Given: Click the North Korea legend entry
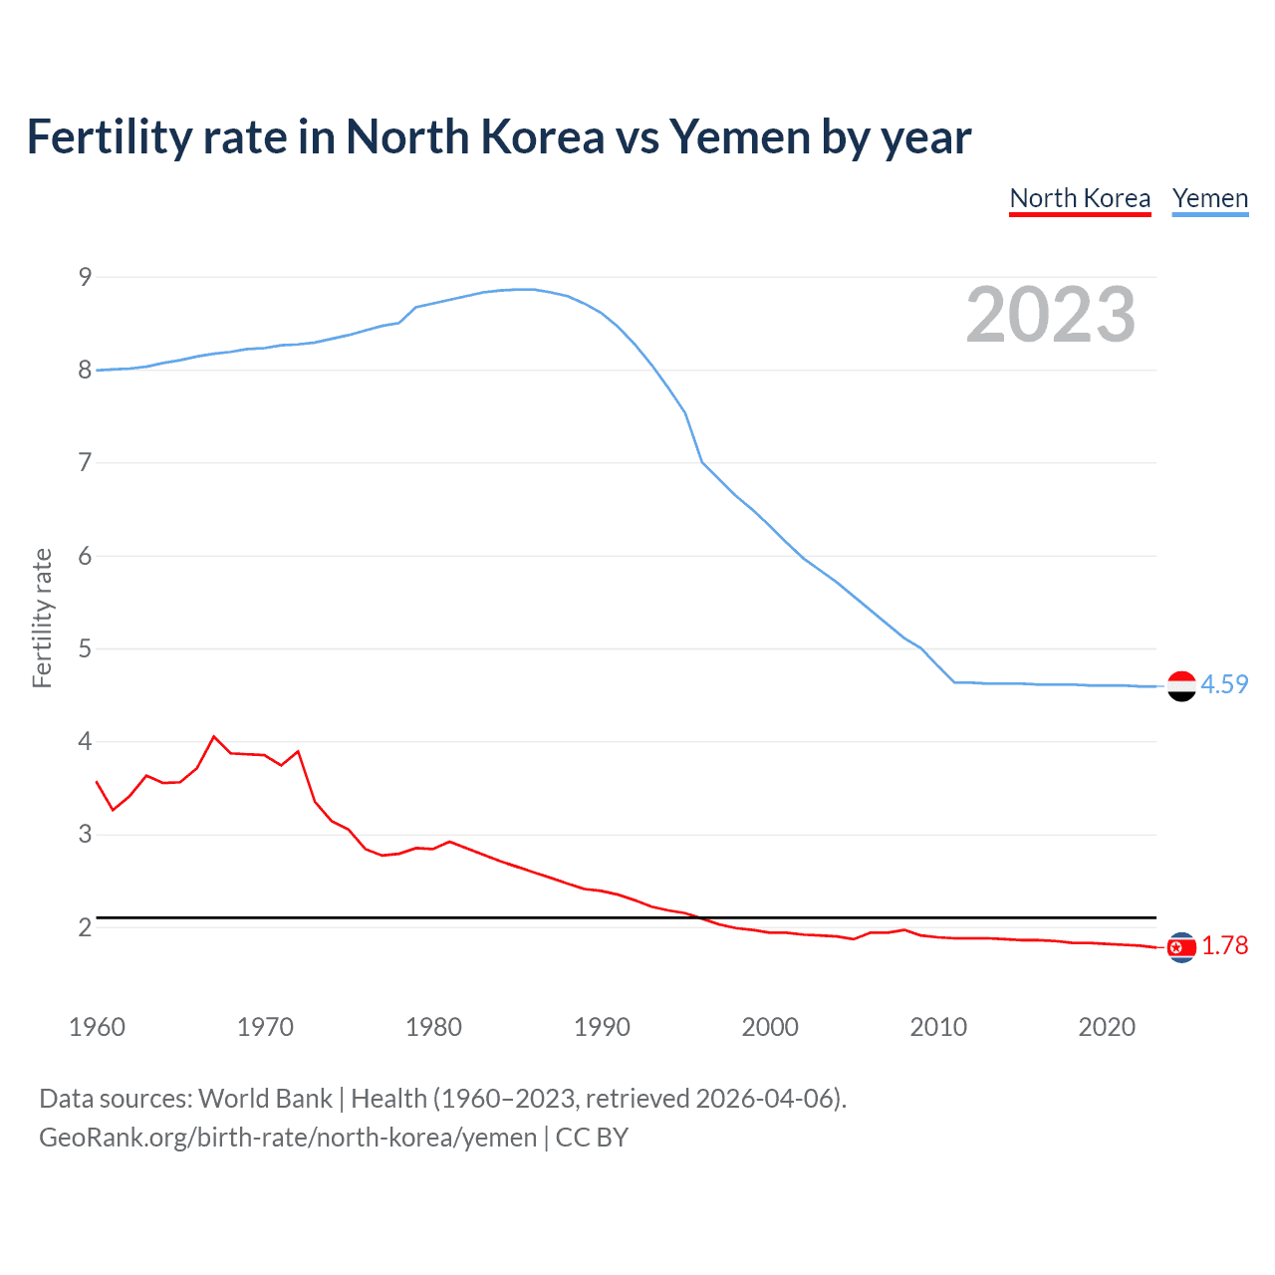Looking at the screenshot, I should pos(1080,198).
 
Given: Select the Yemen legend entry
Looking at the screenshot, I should pos(1209,198).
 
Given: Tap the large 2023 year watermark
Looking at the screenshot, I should pos(1051,315).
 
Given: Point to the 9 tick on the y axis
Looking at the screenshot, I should pos(85,277).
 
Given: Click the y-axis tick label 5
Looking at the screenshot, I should pos(85,648).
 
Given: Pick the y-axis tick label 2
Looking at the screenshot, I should pos(85,927).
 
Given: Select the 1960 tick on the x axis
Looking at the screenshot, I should pos(97,1027).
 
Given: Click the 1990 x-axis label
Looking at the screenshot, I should pos(602,1027).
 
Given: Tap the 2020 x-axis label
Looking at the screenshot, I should pos(1107,1027).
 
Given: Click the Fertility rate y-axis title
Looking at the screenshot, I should pos(42,618).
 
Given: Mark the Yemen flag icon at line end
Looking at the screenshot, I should pos(1181,685).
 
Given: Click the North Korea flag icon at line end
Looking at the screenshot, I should pos(1181,947).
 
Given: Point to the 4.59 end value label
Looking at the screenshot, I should pos(1224,684).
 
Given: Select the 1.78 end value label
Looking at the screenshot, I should pos(1224,945).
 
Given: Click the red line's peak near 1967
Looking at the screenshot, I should pos(214,737).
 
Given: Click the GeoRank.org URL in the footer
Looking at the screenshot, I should pos(288,1138).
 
